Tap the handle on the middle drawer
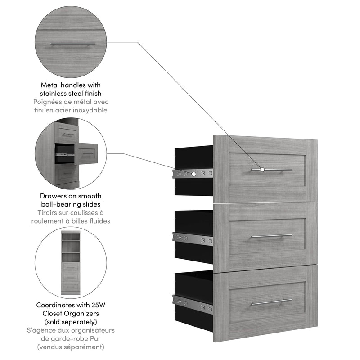(271, 235)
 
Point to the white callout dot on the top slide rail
(194, 173)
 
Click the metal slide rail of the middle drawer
(193, 238)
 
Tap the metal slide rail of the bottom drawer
(193, 304)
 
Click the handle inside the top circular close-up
(72, 45)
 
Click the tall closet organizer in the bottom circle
(71, 262)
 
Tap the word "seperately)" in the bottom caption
(78, 322)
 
